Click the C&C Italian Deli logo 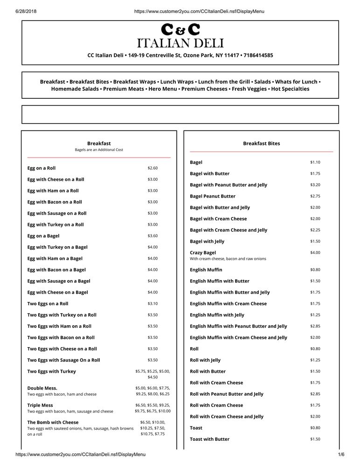coord(180,36)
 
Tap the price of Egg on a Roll coord(152,168)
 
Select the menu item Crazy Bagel coord(203,253)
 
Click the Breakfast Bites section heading coord(261,144)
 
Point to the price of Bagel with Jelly coord(315,241)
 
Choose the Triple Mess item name coord(40,405)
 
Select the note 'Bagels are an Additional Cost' coord(99,150)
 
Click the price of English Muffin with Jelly coord(315,315)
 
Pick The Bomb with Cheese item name coord(53,422)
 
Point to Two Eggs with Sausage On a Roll coord(63,360)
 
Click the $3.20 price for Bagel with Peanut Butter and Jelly coord(315,185)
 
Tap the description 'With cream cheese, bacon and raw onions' coord(228,259)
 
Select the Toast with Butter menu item coord(209,439)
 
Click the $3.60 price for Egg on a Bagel coord(152,236)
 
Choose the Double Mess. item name coord(42,388)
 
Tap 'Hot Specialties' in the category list coord(290,89)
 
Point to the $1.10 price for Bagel coord(315,162)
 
